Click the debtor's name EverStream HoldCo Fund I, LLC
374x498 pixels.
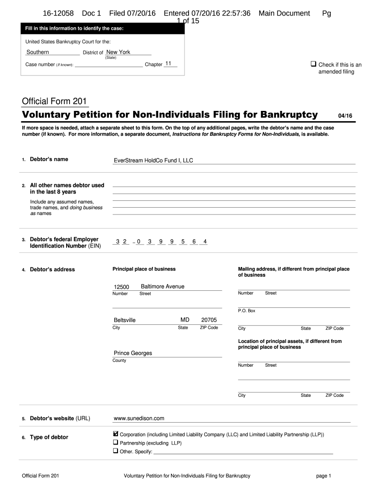point(153,160)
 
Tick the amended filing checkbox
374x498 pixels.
point(313,64)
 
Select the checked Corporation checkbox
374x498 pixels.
point(116,434)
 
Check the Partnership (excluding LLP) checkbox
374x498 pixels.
point(116,443)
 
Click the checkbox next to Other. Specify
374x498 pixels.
point(116,451)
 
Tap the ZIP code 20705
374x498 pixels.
point(209,320)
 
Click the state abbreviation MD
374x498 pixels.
point(185,320)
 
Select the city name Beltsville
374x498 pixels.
point(124,320)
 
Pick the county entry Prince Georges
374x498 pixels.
point(133,353)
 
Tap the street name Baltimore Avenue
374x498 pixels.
point(162,286)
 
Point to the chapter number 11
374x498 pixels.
point(169,64)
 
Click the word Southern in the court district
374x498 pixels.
point(37,52)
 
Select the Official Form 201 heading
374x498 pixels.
point(54,101)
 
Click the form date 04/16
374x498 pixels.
point(345,115)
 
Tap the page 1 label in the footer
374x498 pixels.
point(323,476)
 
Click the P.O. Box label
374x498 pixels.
point(246,311)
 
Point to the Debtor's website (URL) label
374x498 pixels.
point(60,418)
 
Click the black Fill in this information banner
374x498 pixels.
point(102,29)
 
